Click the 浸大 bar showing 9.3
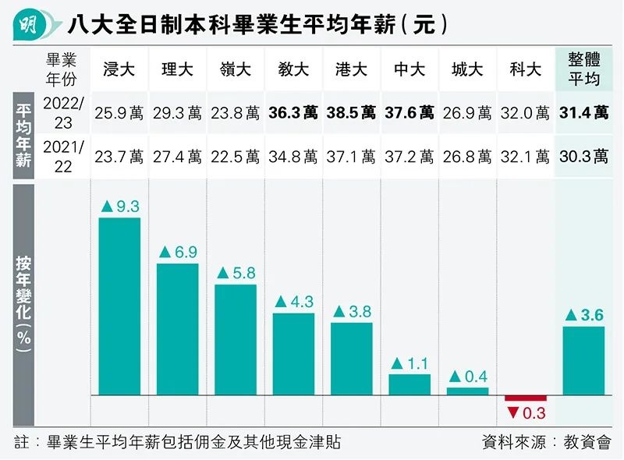[x=119, y=306]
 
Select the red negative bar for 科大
[x=526, y=398]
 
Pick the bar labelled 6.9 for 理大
[x=177, y=329]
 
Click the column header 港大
[x=351, y=69]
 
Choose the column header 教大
[x=292, y=69]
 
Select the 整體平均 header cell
[x=584, y=69]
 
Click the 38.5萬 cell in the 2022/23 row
[x=351, y=113]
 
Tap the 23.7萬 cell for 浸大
[x=119, y=157]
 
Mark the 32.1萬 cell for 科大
[x=526, y=157]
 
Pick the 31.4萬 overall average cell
[x=584, y=113]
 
